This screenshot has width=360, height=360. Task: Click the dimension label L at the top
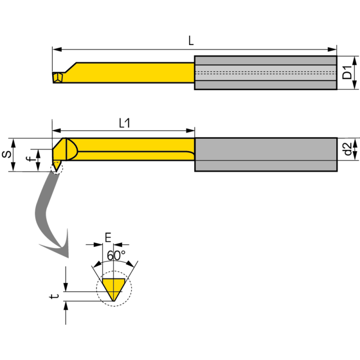pyautogui.click(x=191, y=41)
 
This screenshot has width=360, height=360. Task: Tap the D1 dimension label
pyautogui.click(x=347, y=72)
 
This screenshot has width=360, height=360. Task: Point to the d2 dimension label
pyautogui.click(x=347, y=148)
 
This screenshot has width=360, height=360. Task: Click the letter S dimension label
pyautogui.click(x=6, y=154)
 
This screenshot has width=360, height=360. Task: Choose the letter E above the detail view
pyautogui.click(x=108, y=237)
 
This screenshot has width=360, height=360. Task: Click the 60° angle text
pyautogui.click(x=116, y=255)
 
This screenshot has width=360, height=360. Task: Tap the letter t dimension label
pyautogui.click(x=54, y=297)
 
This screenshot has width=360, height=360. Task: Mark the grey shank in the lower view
pyautogui.click(x=265, y=154)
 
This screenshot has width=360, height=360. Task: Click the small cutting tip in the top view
pyautogui.click(x=57, y=77)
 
